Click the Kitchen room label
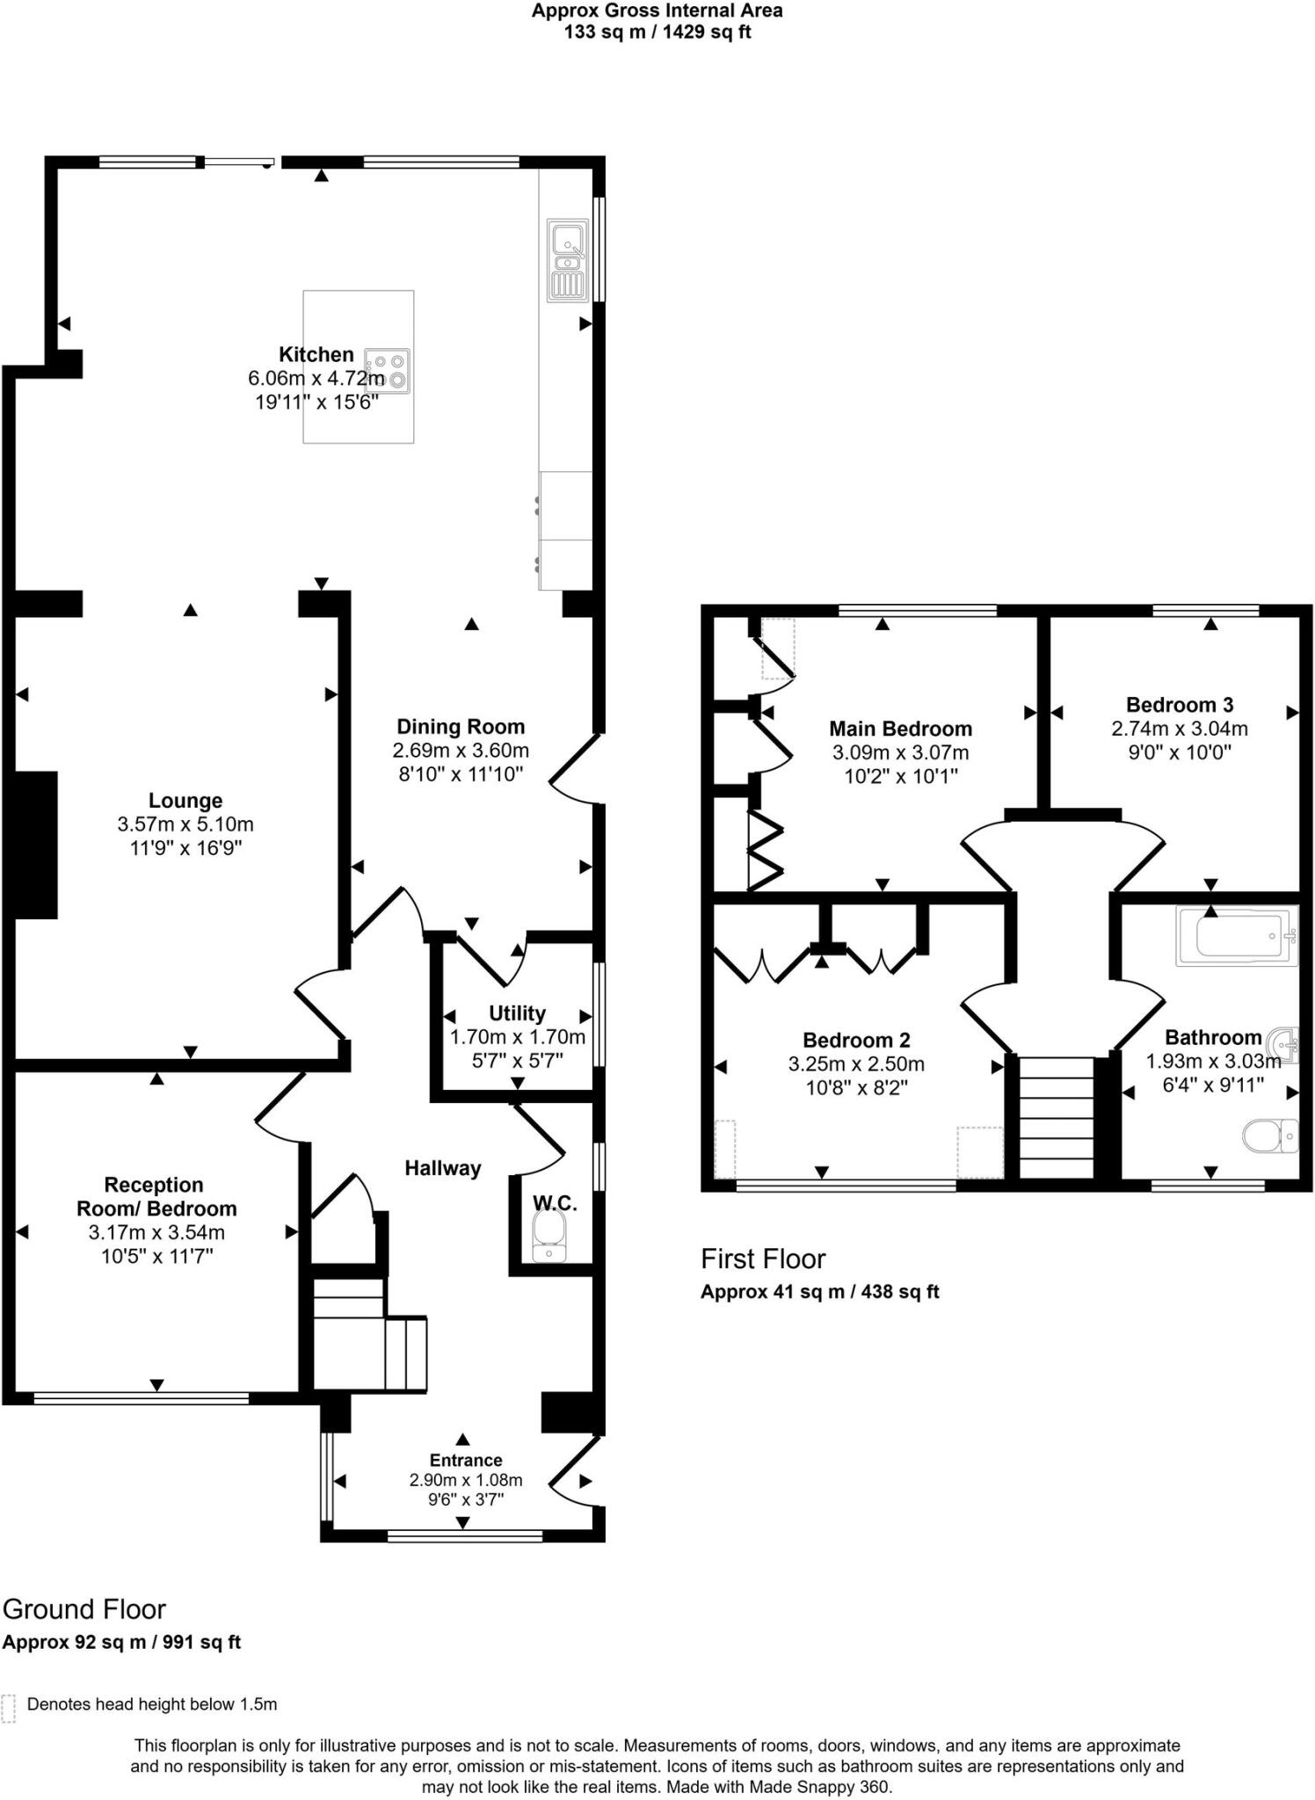316,355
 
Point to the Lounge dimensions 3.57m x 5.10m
185,824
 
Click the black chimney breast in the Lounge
36,845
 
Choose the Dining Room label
461,727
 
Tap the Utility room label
517,1013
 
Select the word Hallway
443,1168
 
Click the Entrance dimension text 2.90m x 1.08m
466,1480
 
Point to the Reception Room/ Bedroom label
156,1197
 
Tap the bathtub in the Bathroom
1236,937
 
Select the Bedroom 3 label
1180,705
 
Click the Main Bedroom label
900,729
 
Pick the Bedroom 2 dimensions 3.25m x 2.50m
856,1064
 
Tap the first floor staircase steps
1056,1116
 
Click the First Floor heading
763,1259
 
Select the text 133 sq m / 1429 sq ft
657,33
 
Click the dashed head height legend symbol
9,1709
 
